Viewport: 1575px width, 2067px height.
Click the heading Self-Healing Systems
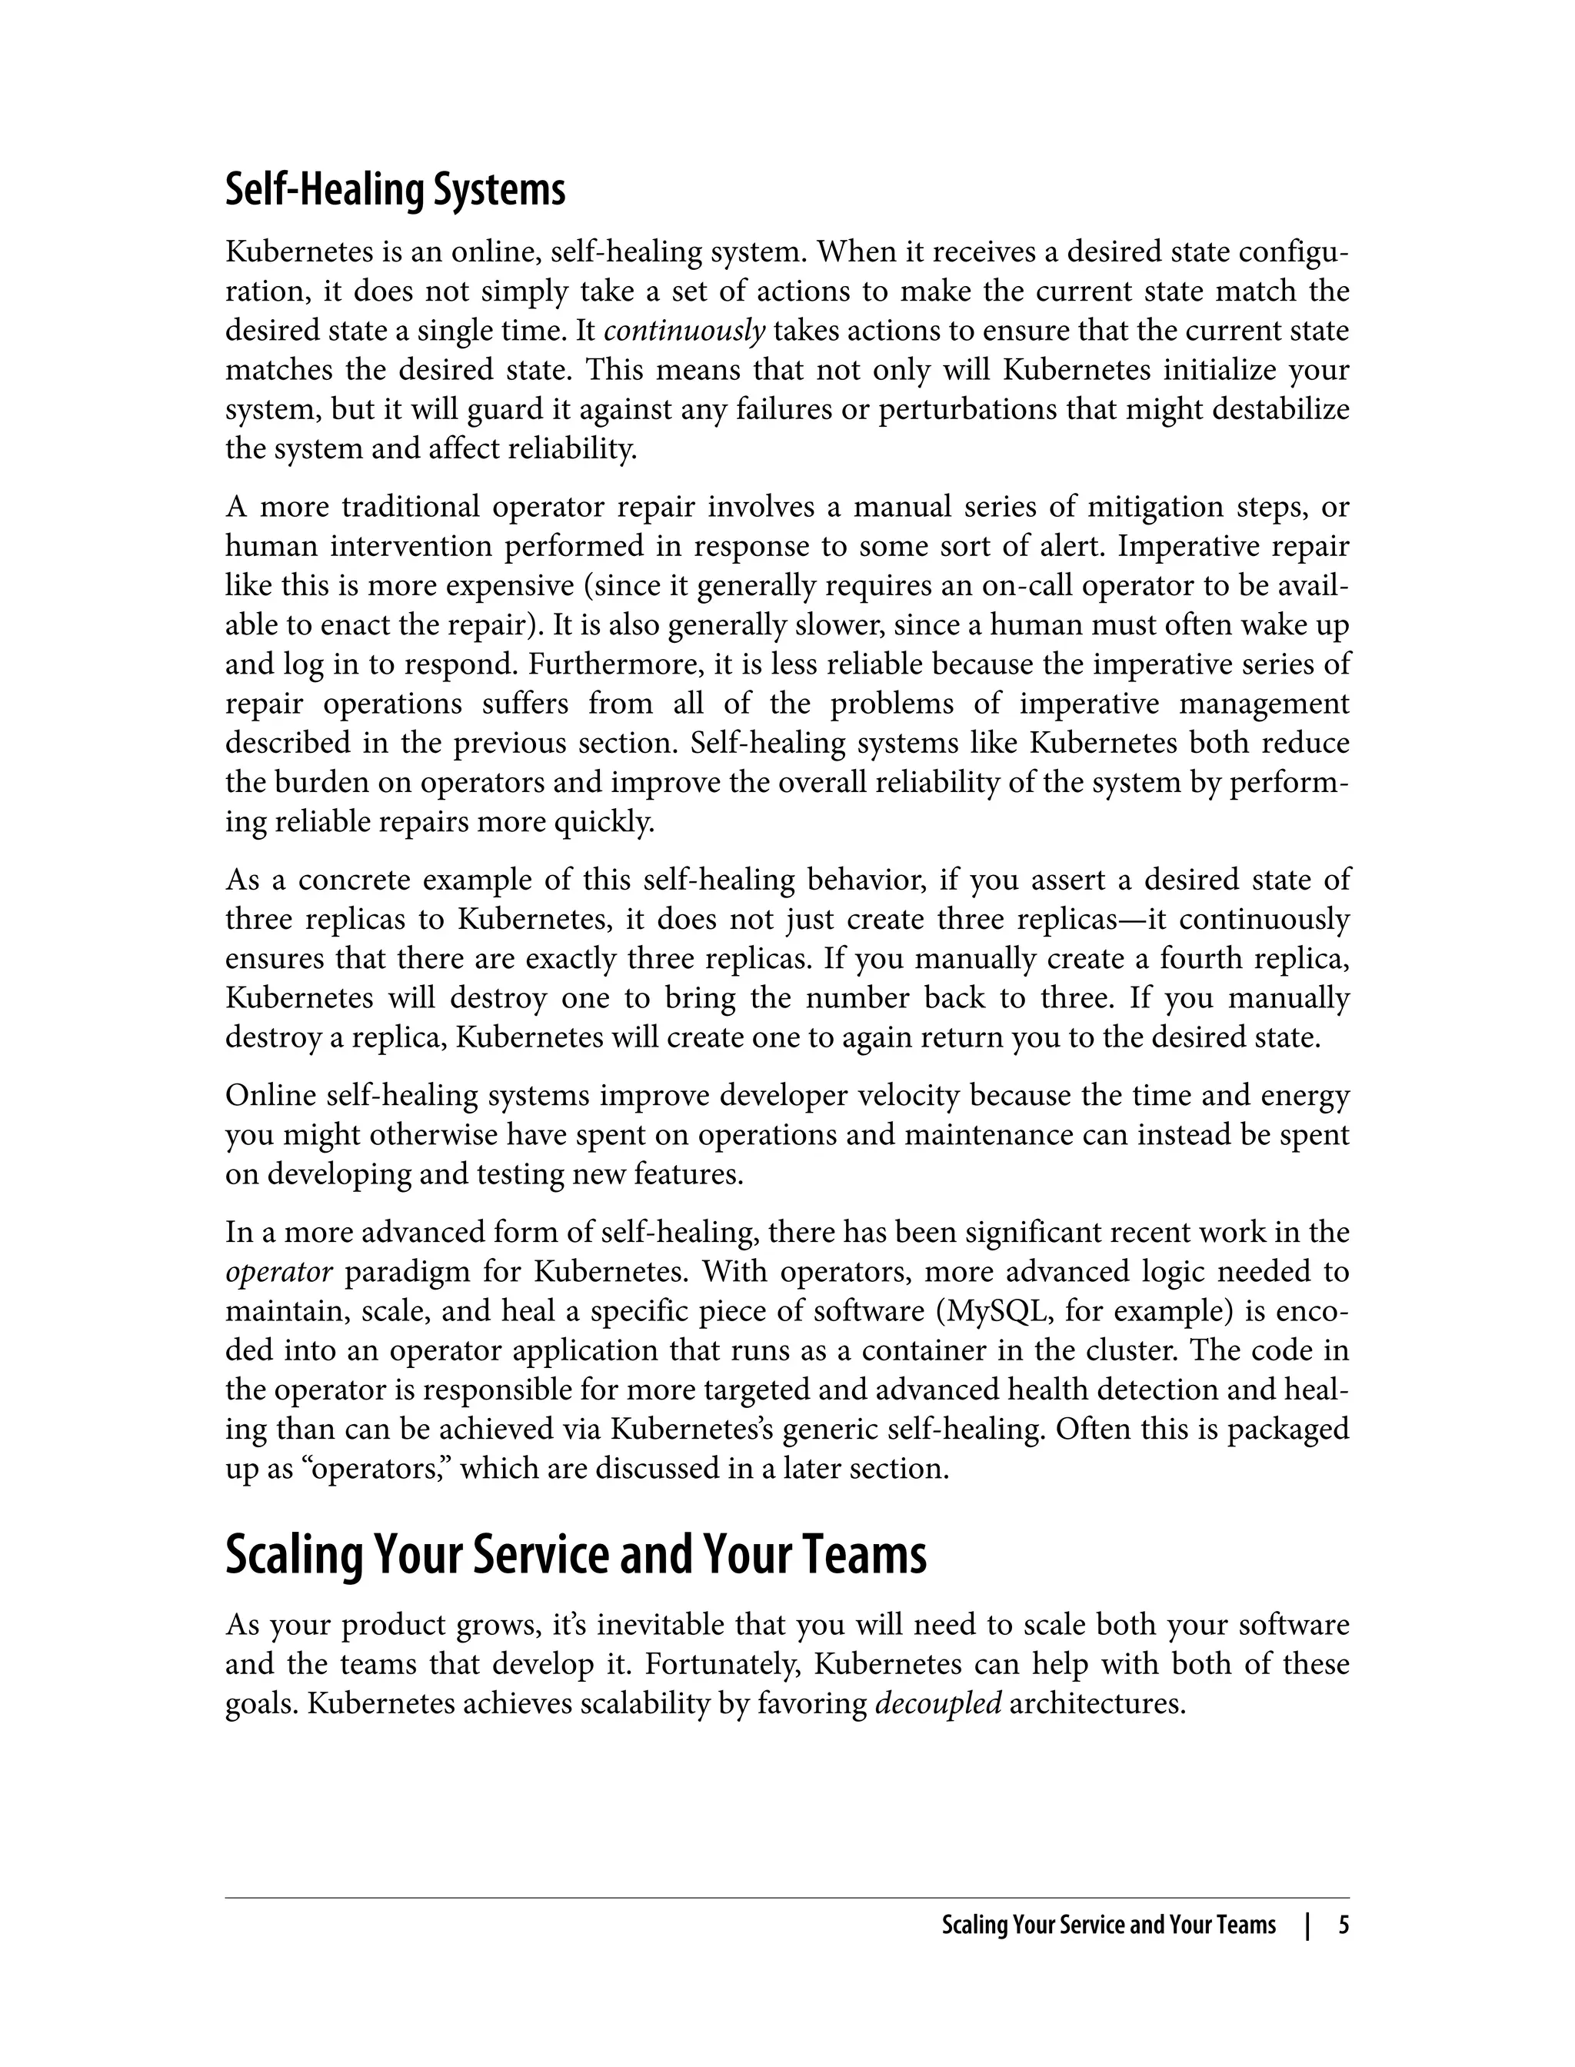pyautogui.click(x=395, y=190)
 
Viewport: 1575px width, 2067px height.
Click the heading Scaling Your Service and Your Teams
pyautogui.click(x=574, y=1554)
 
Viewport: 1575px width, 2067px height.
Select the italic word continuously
pyautogui.click(x=684, y=331)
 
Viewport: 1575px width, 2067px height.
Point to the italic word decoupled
pyautogui.click(x=937, y=1703)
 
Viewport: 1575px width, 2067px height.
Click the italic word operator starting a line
pyautogui.click(x=278, y=1272)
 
